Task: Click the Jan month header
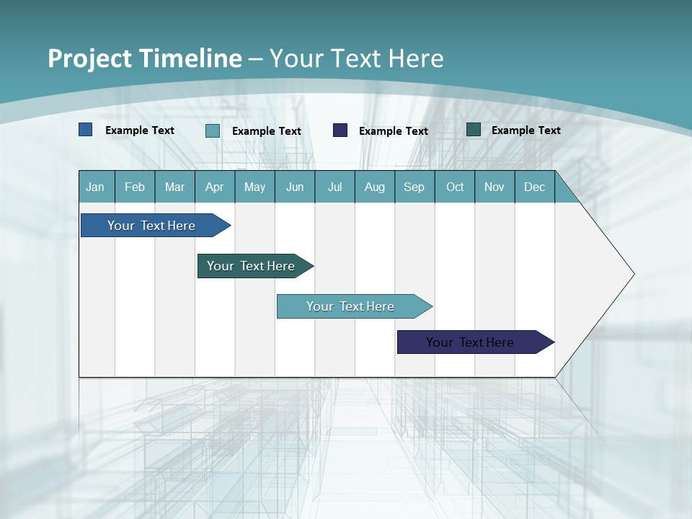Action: point(95,187)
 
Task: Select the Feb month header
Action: point(135,187)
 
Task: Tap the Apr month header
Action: point(215,187)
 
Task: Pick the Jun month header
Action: point(295,187)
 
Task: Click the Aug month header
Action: point(375,187)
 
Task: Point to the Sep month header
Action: point(414,187)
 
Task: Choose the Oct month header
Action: point(455,187)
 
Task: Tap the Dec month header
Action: point(535,187)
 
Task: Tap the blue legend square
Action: point(86,130)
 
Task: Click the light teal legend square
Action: point(213,130)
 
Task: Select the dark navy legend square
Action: point(340,130)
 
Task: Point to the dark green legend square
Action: point(474,130)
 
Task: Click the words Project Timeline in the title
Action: point(145,58)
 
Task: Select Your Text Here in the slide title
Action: point(357,58)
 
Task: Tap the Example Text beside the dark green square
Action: point(526,130)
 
